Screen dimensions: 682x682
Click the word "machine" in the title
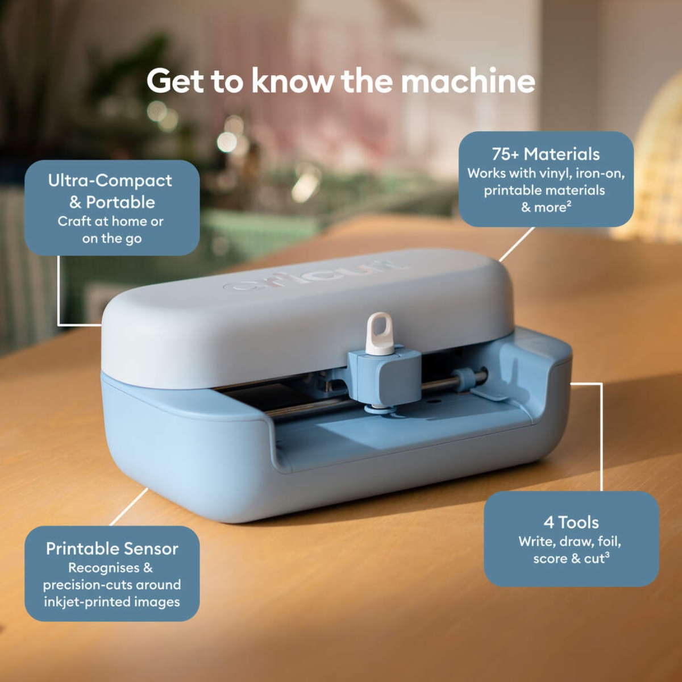pyautogui.click(x=468, y=81)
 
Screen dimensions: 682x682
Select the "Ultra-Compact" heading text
pyautogui.click(x=110, y=181)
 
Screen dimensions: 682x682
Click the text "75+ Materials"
pyautogui.click(x=546, y=154)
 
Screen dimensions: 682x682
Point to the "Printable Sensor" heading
pyautogui.click(x=112, y=548)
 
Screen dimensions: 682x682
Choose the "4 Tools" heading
pyautogui.click(x=571, y=522)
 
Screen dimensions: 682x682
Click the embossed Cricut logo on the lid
pyautogui.click(x=315, y=276)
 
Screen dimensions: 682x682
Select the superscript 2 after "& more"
pyautogui.click(x=569, y=203)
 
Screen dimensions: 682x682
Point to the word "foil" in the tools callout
pyautogui.click(x=609, y=541)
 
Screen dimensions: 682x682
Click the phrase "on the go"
pyautogui.click(x=111, y=239)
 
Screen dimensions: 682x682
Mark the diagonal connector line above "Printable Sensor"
pyautogui.click(x=129, y=506)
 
